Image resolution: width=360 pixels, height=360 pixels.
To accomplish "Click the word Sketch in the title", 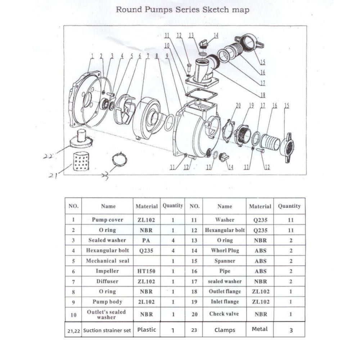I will pos(215,10).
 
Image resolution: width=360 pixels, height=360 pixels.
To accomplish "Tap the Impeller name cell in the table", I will pos(107,271).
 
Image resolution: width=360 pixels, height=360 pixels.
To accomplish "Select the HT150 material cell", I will pos(146,271).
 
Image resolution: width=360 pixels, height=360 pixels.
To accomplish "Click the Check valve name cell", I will pos(224,314).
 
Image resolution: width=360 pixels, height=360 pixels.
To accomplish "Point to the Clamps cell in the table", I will pos(225,330).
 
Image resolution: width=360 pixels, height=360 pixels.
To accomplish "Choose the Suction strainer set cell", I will pos(107,330).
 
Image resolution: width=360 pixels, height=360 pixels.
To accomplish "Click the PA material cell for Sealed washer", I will pos(146,240).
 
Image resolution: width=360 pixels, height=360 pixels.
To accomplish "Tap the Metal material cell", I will pos(260,329).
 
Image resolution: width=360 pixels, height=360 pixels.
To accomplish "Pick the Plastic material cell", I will pos(147,329).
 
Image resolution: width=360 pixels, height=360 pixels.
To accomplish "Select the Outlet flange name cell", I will pos(225,292).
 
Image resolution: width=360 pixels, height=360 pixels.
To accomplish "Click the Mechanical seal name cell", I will pos(107,261).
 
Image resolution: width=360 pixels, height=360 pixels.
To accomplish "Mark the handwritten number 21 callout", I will pos(54,175).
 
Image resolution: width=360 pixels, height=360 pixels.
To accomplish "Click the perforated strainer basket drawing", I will pos(81,161).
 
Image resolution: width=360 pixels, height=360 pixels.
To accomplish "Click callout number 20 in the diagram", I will pos(238,105).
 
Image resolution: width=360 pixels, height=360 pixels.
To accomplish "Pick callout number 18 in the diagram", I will pos(262,95).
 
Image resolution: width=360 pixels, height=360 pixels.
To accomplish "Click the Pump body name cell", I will pos(107,302).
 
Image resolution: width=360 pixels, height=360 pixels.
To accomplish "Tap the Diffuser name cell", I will pos(107,282).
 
